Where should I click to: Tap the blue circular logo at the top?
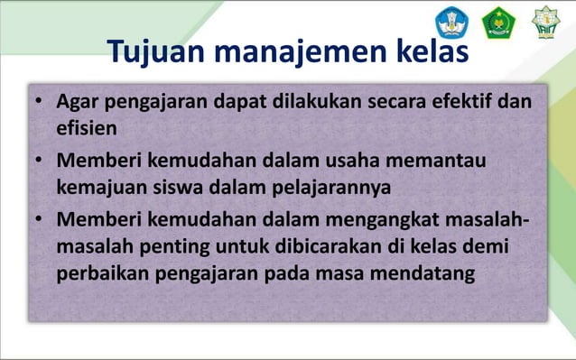pos(451,22)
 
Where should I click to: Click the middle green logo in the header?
pos(497,22)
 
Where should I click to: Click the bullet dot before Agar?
pos(41,101)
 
